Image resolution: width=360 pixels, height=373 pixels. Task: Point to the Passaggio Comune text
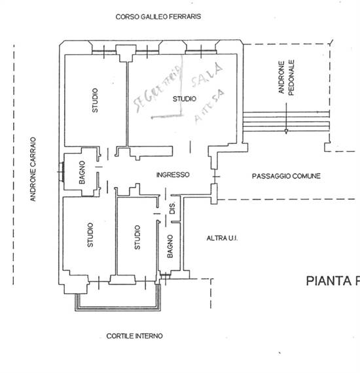[x=286, y=176]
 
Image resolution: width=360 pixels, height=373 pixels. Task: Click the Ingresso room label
[x=173, y=175]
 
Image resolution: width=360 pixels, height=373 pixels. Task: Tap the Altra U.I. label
[x=221, y=238]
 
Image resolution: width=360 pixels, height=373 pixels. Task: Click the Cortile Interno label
[x=134, y=336]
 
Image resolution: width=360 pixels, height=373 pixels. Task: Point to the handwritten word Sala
[x=206, y=77]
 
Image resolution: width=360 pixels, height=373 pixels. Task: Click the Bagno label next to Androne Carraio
[x=82, y=171]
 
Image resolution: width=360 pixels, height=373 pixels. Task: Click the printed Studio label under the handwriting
[x=184, y=99]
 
